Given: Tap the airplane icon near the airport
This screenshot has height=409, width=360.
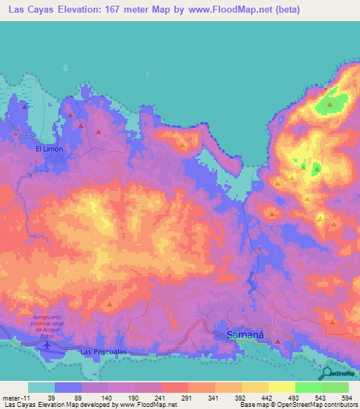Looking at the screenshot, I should [47, 344].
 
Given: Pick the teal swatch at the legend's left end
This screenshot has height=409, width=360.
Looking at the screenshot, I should [41, 387].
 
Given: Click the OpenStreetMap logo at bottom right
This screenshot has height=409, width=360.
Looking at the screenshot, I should [339, 374].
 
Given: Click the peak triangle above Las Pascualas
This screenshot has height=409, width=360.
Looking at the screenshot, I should [110, 304].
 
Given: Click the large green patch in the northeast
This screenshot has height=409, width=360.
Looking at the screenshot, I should [329, 104].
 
